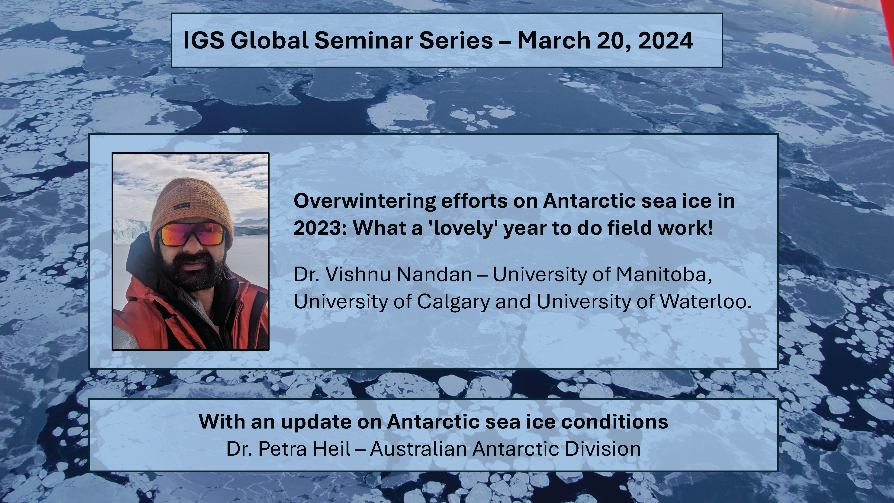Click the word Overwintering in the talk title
click(364, 201)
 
